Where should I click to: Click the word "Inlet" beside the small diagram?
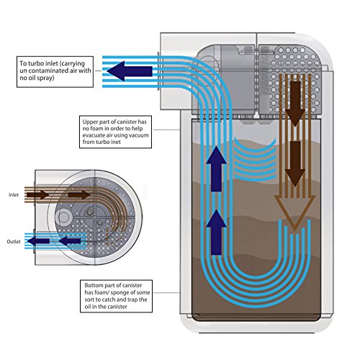click(x=14, y=194)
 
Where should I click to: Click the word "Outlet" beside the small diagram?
click(x=14, y=241)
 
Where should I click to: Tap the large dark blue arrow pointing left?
click(x=130, y=71)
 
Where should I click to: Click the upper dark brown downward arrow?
click(x=295, y=104)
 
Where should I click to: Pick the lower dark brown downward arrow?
click(x=295, y=163)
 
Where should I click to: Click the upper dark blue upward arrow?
click(x=216, y=169)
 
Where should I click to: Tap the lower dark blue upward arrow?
click(x=216, y=232)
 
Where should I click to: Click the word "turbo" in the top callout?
click(x=36, y=63)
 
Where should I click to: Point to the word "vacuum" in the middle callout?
click(x=138, y=135)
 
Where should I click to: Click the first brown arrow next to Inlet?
click(x=37, y=194)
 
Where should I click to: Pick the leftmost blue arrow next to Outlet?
click(x=38, y=241)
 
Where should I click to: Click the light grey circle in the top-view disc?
click(x=63, y=217)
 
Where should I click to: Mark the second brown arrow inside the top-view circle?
click(x=79, y=194)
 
